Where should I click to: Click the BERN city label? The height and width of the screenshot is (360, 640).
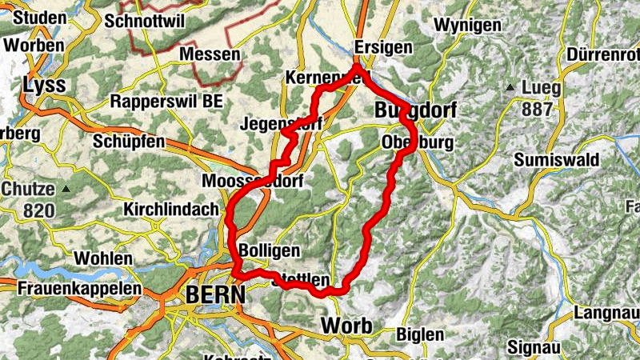[x=214, y=294]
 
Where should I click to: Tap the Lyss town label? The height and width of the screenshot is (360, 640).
[x=43, y=85]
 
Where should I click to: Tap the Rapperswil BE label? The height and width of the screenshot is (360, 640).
[x=166, y=102]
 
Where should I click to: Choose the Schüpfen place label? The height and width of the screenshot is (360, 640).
[x=129, y=142]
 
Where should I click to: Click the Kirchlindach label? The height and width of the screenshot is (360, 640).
[x=171, y=210]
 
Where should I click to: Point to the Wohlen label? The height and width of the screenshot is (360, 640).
[x=102, y=258]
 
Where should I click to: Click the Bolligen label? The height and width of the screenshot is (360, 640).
[x=269, y=250]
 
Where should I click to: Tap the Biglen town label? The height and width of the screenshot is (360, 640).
[x=419, y=334]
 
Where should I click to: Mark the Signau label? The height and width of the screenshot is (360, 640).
[x=535, y=347]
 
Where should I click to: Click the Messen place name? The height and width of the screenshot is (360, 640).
[x=210, y=54]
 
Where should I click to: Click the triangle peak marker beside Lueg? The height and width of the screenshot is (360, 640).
[x=510, y=86]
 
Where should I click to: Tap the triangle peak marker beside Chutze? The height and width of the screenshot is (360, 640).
[x=66, y=189]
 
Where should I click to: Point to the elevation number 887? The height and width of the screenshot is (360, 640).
[x=536, y=107]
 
